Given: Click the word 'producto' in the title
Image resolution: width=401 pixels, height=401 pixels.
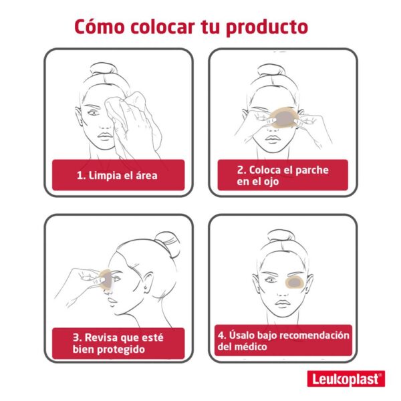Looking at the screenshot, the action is pos(267,27).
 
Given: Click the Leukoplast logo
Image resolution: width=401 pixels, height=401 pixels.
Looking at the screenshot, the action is pos(346,378).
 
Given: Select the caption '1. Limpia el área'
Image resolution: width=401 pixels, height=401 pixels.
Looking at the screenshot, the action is pos(117,176).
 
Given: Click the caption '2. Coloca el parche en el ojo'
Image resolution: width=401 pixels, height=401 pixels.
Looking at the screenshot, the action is pos(283,176).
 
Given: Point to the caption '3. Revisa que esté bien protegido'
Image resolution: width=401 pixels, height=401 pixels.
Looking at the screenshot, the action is pos(118,344).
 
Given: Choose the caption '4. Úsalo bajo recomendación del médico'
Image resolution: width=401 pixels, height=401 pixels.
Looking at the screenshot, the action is pos(283,341).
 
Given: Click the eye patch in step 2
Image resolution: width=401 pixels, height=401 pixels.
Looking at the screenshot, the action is pos(284,119).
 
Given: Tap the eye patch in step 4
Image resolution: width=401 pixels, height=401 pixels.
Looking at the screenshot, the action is pos(294,282).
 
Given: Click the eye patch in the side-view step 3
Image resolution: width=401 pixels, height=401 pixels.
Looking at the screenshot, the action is pos(106,280).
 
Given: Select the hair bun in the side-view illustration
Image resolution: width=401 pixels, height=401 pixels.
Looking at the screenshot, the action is pos(168,243).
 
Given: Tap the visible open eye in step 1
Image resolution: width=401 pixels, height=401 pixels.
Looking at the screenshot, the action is pos(94,112).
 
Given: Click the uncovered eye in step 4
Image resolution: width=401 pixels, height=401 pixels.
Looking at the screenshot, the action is pos(270,280).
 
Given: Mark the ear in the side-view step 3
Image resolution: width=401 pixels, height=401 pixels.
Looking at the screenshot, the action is pos(148,281).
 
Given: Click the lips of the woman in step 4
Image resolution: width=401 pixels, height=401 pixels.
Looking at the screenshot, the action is pos(282,303).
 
